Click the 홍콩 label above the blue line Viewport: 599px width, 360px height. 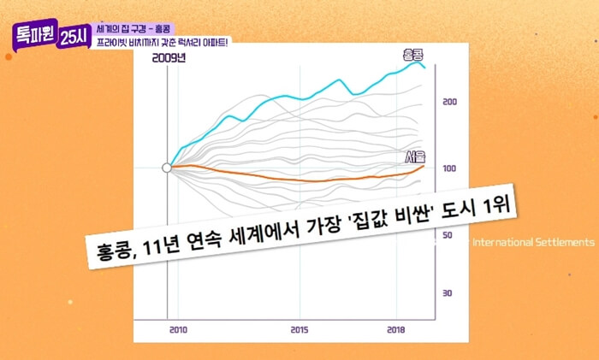(x=413, y=55)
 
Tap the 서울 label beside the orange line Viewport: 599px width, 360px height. (x=415, y=157)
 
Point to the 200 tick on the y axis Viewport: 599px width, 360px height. (x=449, y=102)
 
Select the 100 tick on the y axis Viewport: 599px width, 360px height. (x=449, y=168)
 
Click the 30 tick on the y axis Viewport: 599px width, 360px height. (x=448, y=293)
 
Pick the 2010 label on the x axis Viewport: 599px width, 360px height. (x=178, y=329)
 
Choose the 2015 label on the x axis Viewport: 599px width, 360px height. (x=299, y=329)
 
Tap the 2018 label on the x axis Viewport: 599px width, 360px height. (x=396, y=329)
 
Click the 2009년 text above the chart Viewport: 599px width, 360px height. (x=169, y=58)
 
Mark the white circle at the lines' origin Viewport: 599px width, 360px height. (x=168, y=168)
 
